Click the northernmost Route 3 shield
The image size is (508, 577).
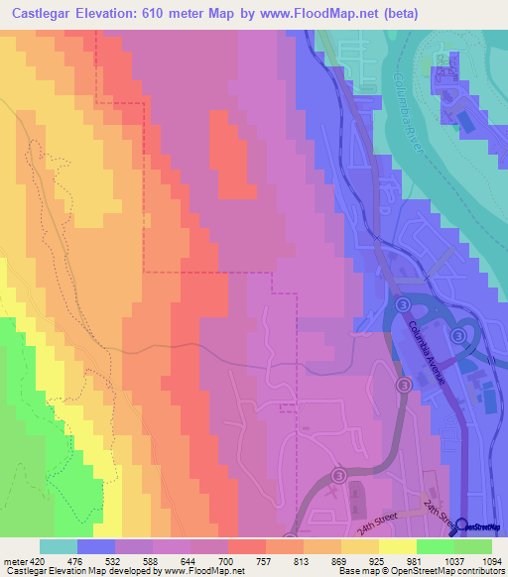403,302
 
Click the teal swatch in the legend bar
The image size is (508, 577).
59,546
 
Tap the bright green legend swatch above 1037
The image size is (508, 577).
435,546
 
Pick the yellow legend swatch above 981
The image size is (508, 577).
397,546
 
